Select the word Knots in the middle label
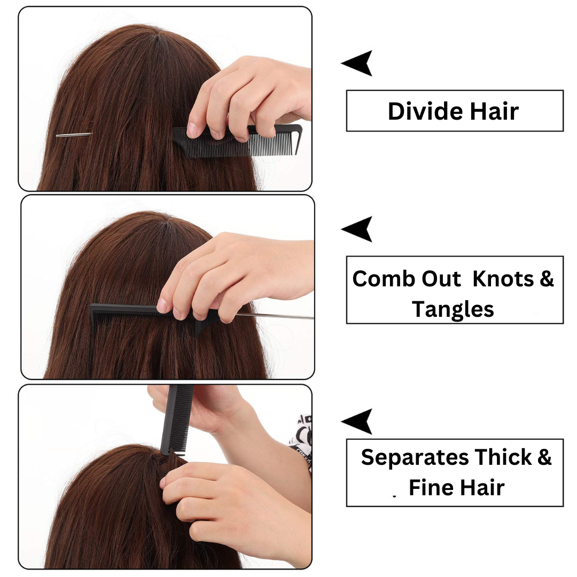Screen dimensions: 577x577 tap(503, 278)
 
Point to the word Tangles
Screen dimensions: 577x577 tap(453, 309)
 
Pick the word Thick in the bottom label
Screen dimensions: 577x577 tap(503, 457)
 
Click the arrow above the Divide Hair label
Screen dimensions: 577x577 tap(356, 63)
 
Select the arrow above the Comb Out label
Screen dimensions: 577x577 tap(356, 229)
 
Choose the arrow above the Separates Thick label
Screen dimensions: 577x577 tap(356, 422)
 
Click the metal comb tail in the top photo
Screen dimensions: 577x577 tap(73, 135)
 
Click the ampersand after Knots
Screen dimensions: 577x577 tap(547, 278)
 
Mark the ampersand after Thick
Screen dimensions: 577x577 tap(544, 457)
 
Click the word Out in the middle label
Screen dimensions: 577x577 tap(441, 278)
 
